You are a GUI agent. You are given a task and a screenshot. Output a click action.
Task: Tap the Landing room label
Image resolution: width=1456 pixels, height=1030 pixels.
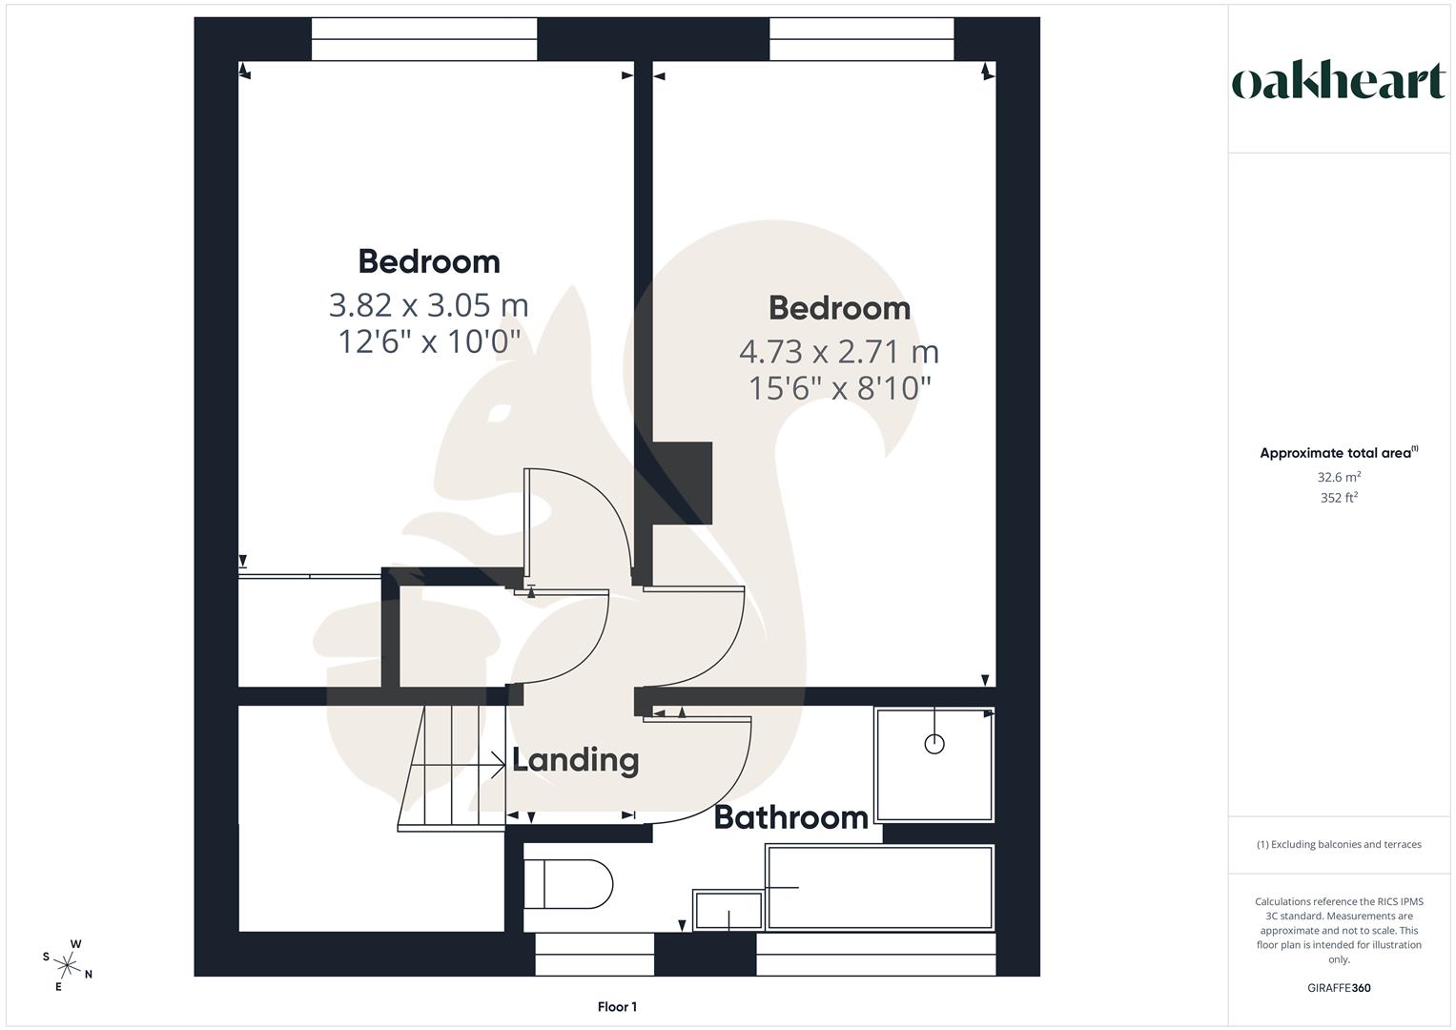575,760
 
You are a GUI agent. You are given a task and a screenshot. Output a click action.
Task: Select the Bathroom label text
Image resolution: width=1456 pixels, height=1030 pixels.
790,817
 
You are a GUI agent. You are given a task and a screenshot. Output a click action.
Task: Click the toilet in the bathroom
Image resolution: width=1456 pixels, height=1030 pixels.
567,884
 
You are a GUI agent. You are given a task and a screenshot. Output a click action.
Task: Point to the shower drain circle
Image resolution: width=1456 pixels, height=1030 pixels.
934,744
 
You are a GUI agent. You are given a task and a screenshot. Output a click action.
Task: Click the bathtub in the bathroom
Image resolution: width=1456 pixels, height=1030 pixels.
879,887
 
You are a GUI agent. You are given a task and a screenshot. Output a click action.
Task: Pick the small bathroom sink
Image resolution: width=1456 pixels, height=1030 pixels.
728,910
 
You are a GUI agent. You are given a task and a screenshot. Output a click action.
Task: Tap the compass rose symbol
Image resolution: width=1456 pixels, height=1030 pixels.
68,964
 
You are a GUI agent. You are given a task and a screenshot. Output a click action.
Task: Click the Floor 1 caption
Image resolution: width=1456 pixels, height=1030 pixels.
617,1007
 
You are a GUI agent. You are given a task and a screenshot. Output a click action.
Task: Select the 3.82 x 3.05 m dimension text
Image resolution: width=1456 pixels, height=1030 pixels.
428,305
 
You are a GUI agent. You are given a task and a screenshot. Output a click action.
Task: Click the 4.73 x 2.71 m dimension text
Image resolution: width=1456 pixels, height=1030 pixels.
839,352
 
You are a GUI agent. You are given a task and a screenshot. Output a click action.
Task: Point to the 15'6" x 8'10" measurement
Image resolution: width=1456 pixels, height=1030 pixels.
839,388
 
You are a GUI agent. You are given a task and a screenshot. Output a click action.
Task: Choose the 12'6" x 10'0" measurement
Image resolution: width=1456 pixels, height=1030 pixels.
428,340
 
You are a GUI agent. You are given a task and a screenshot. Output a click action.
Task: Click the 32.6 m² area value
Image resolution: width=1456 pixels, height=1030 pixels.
1339,477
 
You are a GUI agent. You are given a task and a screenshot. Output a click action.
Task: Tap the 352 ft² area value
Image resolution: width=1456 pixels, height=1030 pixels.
1339,498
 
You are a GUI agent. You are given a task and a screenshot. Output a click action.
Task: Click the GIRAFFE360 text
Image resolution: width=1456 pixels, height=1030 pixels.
1339,988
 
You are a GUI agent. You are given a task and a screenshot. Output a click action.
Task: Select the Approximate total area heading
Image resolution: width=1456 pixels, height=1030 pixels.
1337,453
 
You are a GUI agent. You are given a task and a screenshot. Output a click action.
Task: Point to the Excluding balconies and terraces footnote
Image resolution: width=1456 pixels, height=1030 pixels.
1339,844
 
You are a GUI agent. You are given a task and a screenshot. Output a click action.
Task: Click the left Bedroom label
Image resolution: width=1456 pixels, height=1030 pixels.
428,261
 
